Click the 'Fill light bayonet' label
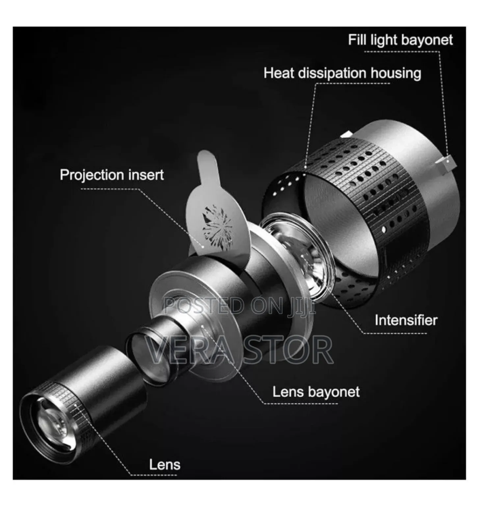pyautogui.click(x=400, y=40)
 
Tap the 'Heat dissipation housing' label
pyautogui.click(x=342, y=73)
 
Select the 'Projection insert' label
pyautogui.click(x=112, y=175)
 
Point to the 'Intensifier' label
pyautogui.click(x=406, y=320)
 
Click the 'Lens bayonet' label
pyautogui.click(x=316, y=392)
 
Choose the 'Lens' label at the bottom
pyautogui.click(x=165, y=464)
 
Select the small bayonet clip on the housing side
pyautogui.click(x=446, y=162)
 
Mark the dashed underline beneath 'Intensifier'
pyautogui.click(x=395, y=333)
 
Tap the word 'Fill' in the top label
pyautogui.click(x=357, y=40)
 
